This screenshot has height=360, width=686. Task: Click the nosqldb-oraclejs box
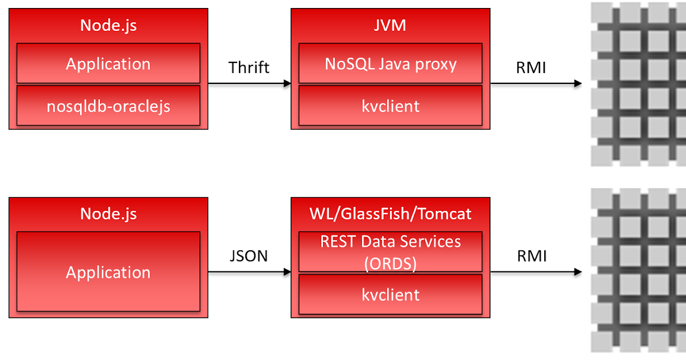[108, 106]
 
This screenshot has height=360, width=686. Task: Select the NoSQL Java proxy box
[390, 63]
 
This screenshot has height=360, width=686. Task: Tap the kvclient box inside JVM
[390, 106]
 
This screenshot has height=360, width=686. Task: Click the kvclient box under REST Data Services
[390, 295]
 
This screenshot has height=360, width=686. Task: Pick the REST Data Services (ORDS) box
[390, 252]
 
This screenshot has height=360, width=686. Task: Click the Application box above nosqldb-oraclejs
[108, 63]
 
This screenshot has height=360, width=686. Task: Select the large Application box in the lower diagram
[108, 272]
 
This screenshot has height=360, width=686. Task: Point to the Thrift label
[249, 67]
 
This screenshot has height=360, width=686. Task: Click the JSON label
[248, 256]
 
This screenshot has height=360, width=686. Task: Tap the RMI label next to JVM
[532, 67]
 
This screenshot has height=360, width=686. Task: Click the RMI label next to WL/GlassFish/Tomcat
[532, 256]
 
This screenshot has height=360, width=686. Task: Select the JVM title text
[390, 25]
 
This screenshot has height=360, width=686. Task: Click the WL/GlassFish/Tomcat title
[390, 214]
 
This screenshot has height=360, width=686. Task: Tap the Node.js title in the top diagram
[108, 25]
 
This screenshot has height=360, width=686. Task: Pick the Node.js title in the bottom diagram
[108, 214]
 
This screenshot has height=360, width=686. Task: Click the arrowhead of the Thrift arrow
[287, 83]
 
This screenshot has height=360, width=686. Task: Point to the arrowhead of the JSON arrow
[287, 272]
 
